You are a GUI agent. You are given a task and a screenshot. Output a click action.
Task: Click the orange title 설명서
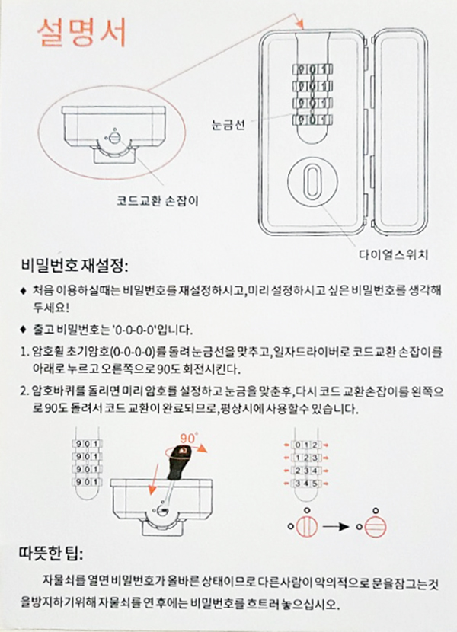click(82, 32)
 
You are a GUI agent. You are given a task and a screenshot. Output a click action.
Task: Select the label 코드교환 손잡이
click(158, 200)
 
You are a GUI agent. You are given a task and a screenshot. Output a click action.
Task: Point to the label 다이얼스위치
click(393, 255)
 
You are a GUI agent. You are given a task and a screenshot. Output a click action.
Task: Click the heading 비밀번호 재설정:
click(75, 267)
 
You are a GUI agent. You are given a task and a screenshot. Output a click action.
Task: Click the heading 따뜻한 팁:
click(51, 554)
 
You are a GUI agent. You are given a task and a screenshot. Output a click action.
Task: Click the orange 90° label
click(189, 437)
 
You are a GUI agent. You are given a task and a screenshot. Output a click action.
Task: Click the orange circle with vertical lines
click(307, 526)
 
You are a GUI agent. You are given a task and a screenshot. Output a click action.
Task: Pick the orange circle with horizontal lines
click(376, 527)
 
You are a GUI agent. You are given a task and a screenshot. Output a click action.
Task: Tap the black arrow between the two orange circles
click(336, 526)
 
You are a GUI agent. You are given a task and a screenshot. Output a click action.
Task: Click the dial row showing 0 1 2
click(306, 445)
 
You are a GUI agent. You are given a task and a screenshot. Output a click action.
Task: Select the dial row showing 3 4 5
click(306, 484)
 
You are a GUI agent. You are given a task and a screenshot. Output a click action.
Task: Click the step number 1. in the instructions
click(24, 353)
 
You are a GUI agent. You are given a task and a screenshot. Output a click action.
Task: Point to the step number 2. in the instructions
click(24, 392)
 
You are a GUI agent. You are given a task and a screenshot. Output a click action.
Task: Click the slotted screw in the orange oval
click(114, 139)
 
